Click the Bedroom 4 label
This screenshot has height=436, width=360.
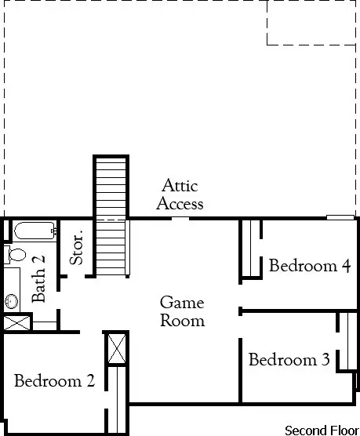tap(309, 266)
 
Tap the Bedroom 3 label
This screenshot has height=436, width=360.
tap(289, 360)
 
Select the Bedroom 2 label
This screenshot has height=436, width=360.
tap(54, 381)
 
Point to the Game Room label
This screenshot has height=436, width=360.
tap(182, 311)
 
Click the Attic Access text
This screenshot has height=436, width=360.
tap(180, 195)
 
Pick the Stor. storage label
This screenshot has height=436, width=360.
tap(77, 248)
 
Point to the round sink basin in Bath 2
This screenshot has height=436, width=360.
tap(12, 300)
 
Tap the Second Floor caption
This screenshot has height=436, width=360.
tap(321, 430)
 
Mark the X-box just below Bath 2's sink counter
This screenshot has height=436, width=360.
tap(16, 322)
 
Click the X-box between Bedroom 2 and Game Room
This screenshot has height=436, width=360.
tap(117, 347)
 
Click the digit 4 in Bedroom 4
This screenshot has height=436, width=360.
tap(345, 266)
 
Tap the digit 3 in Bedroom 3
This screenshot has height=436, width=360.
tap(325, 360)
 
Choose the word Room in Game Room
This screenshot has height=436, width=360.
tap(183, 320)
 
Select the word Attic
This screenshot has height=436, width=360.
tap(180, 187)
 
